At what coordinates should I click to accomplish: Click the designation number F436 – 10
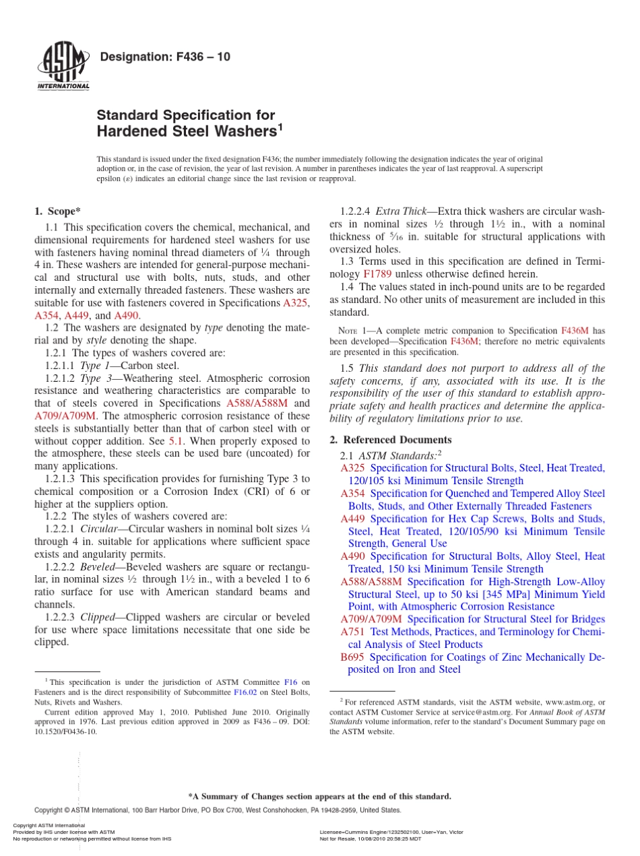click(x=164, y=57)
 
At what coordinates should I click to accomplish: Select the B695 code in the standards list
click(x=352, y=657)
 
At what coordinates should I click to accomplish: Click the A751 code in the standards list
click(x=352, y=632)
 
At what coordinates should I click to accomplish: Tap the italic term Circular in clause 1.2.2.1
click(x=100, y=529)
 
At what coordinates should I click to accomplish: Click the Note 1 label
click(x=354, y=331)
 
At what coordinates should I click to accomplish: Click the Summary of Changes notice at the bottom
click(x=319, y=796)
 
